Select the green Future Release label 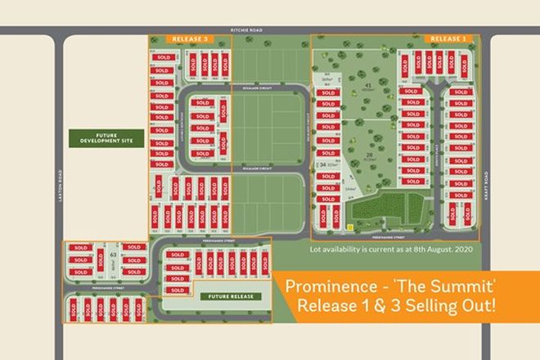pos(231,295)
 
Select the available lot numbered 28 pos(370,154)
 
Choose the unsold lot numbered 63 pos(111,256)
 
